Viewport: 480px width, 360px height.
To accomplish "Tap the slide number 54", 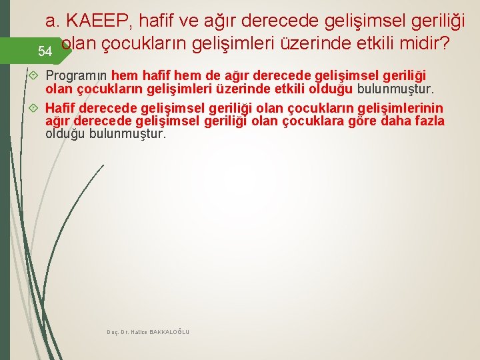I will coord(45,51).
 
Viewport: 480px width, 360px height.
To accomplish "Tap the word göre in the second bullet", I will coord(365,121).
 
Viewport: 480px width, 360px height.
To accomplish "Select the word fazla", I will coord(429,121).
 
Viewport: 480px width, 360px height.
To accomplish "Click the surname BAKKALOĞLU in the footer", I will coord(169,332).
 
